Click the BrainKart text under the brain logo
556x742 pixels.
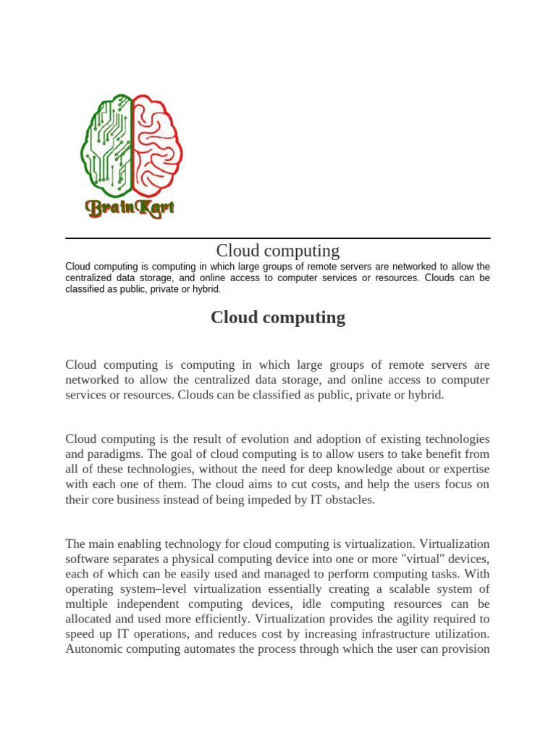[130, 209]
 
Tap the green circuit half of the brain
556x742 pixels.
[107, 145]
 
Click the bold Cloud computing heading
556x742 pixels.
[278, 317]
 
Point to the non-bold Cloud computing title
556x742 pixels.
[278, 251]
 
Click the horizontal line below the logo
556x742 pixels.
[278, 238]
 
